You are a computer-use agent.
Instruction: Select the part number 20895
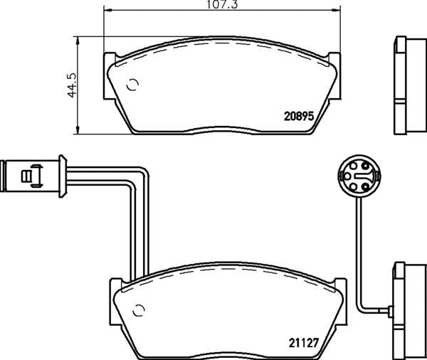[x=300, y=117]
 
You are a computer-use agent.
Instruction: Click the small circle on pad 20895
[x=132, y=87]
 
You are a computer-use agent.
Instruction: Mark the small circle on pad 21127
[x=139, y=309]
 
